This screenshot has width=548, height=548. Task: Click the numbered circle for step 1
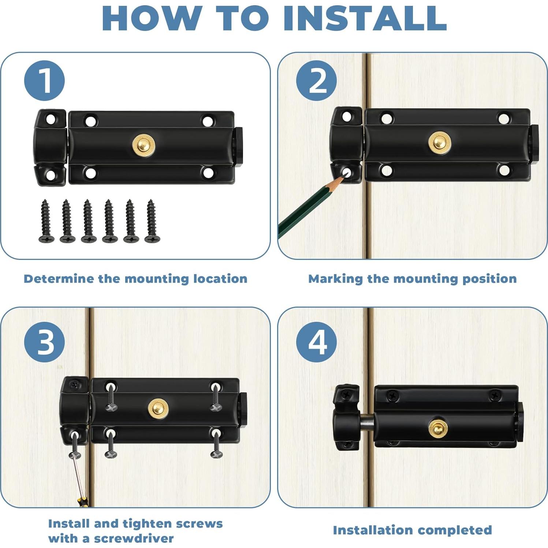[x=44, y=81]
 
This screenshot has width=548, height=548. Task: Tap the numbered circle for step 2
[x=316, y=81]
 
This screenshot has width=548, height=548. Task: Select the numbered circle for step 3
[x=44, y=342]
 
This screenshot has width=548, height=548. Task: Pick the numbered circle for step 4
[x=316, y=342]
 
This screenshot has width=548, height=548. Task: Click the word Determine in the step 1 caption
[x=59, y=279]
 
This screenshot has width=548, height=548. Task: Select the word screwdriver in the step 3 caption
[x=134, y=538]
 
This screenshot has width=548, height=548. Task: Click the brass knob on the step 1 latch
[x=143, y=145]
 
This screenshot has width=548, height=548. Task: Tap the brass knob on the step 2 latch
[x=440, y=143]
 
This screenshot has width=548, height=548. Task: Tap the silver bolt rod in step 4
[x=366, y=422]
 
